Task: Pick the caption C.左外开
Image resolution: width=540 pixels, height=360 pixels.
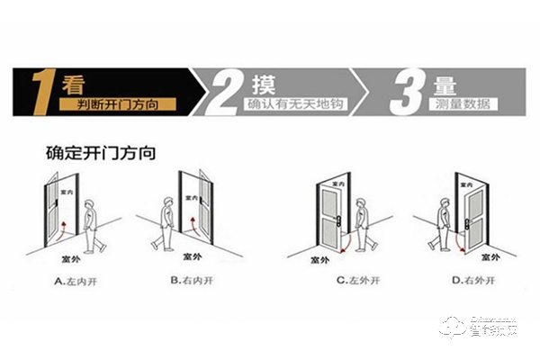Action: pos(354,279)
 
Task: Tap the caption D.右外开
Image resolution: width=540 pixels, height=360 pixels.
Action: pos(464,279)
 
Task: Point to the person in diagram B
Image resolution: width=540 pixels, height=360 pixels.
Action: pos(163,225)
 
